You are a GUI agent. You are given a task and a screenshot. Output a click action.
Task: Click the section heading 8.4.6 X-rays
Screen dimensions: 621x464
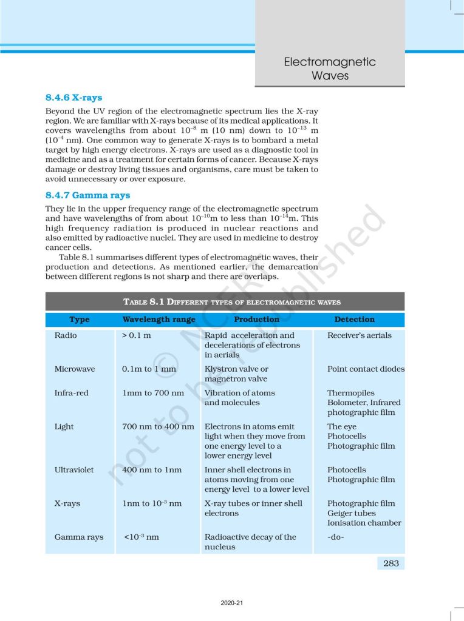73,97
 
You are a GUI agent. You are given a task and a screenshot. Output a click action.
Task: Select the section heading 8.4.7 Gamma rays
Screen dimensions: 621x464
87,195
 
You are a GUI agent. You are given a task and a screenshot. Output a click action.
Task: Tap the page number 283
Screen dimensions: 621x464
391,563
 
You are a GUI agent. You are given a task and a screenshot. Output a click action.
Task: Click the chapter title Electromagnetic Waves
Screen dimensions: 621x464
330,69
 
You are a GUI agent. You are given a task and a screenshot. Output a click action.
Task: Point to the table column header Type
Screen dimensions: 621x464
79,319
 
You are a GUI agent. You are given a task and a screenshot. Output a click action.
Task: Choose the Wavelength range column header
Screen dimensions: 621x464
159,319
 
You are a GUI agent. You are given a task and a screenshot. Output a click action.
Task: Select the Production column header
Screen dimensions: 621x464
256,319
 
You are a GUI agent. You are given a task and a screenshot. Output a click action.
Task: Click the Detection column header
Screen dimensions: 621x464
354,319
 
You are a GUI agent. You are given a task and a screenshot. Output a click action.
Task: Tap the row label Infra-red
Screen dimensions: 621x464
71,393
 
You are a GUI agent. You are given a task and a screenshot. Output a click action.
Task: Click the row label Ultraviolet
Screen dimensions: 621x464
74,469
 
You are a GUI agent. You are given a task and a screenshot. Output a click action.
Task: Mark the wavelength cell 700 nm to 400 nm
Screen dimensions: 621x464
158,426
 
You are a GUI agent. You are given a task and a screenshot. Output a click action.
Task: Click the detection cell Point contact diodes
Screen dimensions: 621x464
366,369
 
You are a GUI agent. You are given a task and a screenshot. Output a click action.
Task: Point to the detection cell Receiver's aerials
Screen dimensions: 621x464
359,335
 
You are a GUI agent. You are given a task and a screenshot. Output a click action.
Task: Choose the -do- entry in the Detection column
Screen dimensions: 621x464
336,537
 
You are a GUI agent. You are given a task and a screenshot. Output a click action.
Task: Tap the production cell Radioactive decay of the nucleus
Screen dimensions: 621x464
250,542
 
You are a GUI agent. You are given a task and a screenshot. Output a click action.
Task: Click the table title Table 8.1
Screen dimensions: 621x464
231,301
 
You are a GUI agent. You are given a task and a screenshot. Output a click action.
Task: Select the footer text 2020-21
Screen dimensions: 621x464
232,603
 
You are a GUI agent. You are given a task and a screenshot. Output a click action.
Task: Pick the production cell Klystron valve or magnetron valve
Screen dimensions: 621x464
236,374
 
